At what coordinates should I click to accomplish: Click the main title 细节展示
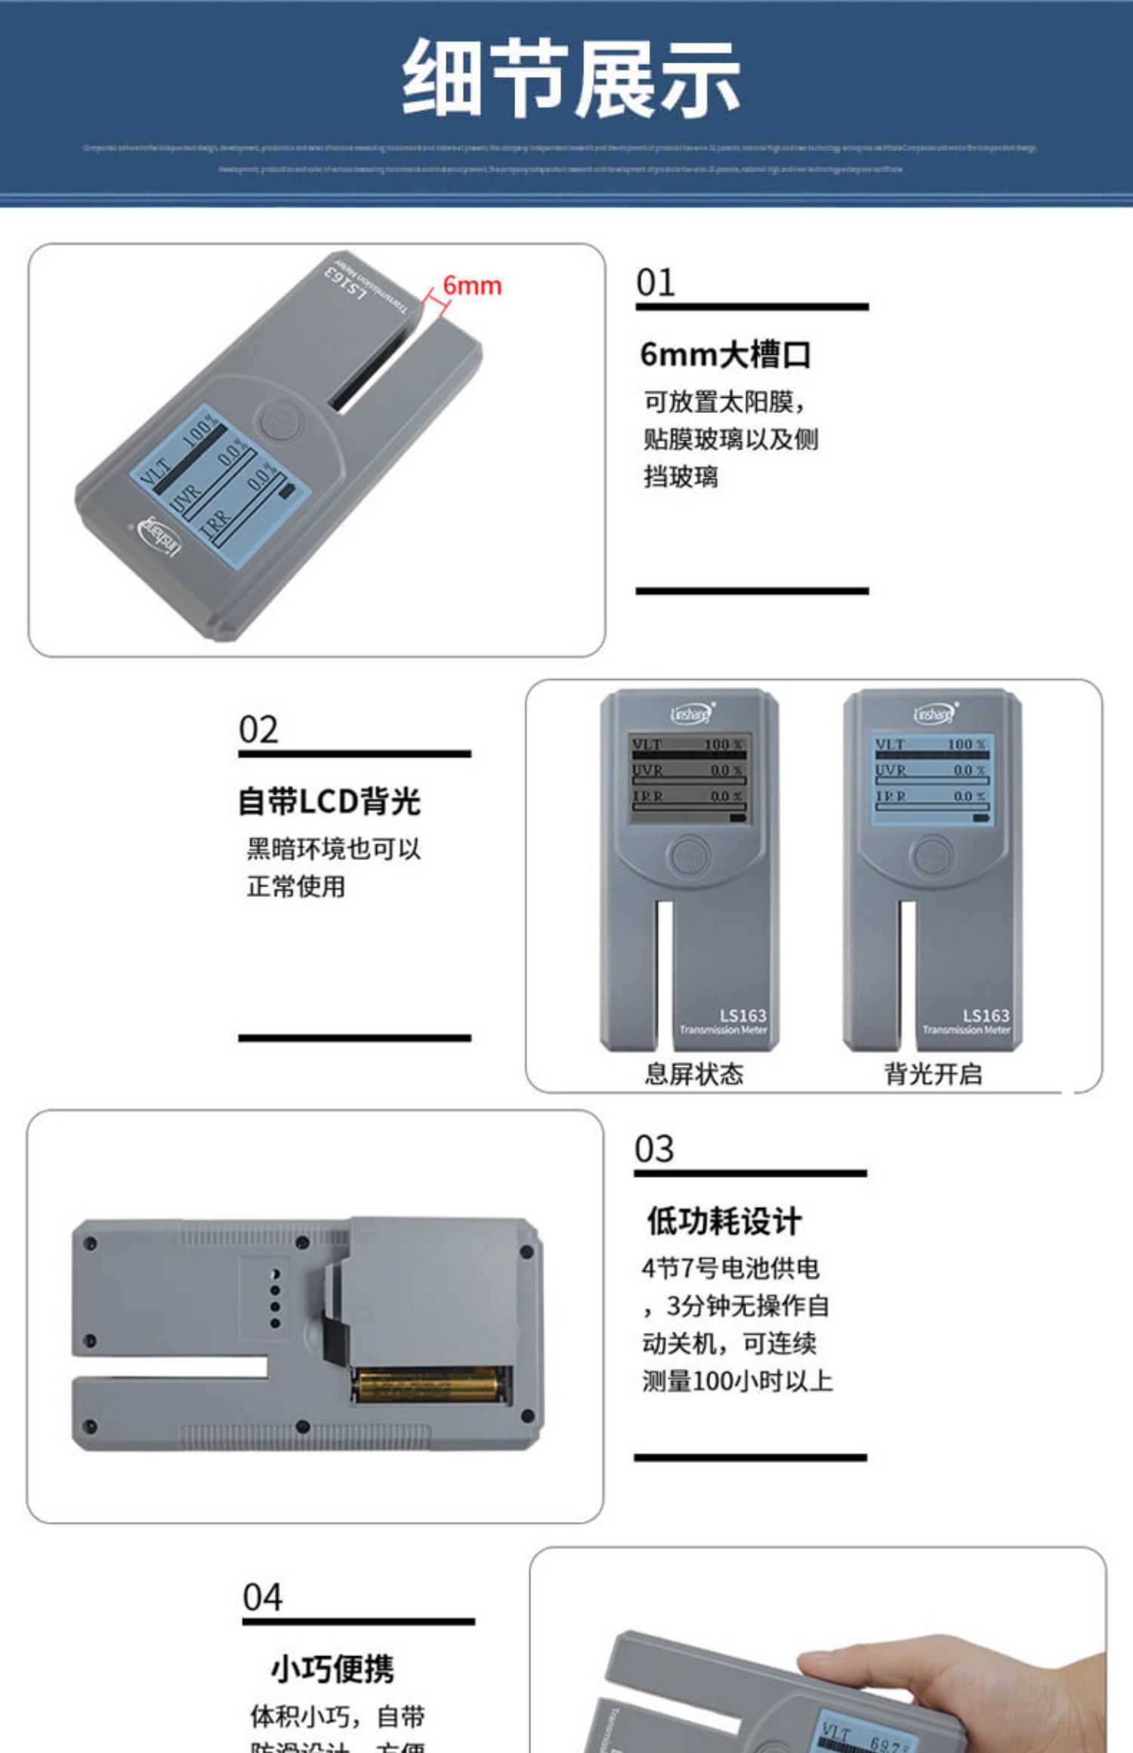570,79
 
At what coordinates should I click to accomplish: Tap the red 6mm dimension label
471,286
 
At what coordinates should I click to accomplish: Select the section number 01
655,283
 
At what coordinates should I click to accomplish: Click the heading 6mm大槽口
725,354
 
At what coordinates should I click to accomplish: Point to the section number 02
258,730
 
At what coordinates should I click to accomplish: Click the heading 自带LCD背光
329,801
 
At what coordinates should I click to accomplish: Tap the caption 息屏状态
693,1074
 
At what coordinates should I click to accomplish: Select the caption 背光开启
934,1074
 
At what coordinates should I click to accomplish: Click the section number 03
654,1149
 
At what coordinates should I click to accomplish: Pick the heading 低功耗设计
724,1221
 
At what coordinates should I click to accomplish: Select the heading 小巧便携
332,1668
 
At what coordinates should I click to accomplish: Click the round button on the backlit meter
932,855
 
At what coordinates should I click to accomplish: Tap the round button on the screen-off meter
689,855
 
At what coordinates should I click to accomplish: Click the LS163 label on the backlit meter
985,1015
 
